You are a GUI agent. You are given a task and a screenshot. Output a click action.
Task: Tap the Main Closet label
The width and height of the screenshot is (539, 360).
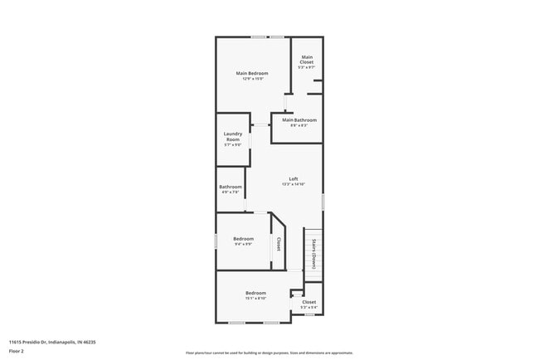coord(307,59)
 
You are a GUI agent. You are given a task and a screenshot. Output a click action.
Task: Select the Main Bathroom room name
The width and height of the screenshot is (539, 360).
coord(299,120)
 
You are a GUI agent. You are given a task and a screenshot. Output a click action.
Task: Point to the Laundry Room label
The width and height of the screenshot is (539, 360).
coord(232,137)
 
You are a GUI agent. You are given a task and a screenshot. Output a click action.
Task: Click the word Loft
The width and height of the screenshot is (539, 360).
coord(294,178)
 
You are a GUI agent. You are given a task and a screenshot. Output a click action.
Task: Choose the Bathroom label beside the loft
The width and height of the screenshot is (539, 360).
coord(231,187)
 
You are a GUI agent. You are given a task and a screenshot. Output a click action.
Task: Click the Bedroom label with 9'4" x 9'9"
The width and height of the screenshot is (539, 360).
coord(243,239)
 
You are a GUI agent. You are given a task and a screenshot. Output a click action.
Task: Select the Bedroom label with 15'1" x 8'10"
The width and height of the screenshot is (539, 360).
coord(255,293)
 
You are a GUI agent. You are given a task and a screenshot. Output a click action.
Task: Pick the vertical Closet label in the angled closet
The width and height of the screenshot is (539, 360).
coord(279,244)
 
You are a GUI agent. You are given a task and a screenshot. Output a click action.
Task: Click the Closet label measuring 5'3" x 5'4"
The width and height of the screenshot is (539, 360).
coord(308,302)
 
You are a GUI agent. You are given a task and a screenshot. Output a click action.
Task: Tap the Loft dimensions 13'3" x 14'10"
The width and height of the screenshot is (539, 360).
coord(294,184)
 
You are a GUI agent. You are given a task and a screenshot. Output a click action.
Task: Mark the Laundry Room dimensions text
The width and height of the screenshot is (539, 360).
coord(232,145)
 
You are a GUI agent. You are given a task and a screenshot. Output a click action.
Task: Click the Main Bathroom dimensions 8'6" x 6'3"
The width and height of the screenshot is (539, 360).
coord(299,126)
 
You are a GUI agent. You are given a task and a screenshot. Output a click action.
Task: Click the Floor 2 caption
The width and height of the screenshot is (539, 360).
coord(17,352)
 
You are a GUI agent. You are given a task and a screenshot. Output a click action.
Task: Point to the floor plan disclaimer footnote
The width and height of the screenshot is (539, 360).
coord(269,353)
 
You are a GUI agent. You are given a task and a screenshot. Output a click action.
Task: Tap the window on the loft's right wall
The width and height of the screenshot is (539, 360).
coord(323,201)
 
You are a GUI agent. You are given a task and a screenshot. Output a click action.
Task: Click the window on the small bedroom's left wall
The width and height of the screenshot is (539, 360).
coord(216,240)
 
